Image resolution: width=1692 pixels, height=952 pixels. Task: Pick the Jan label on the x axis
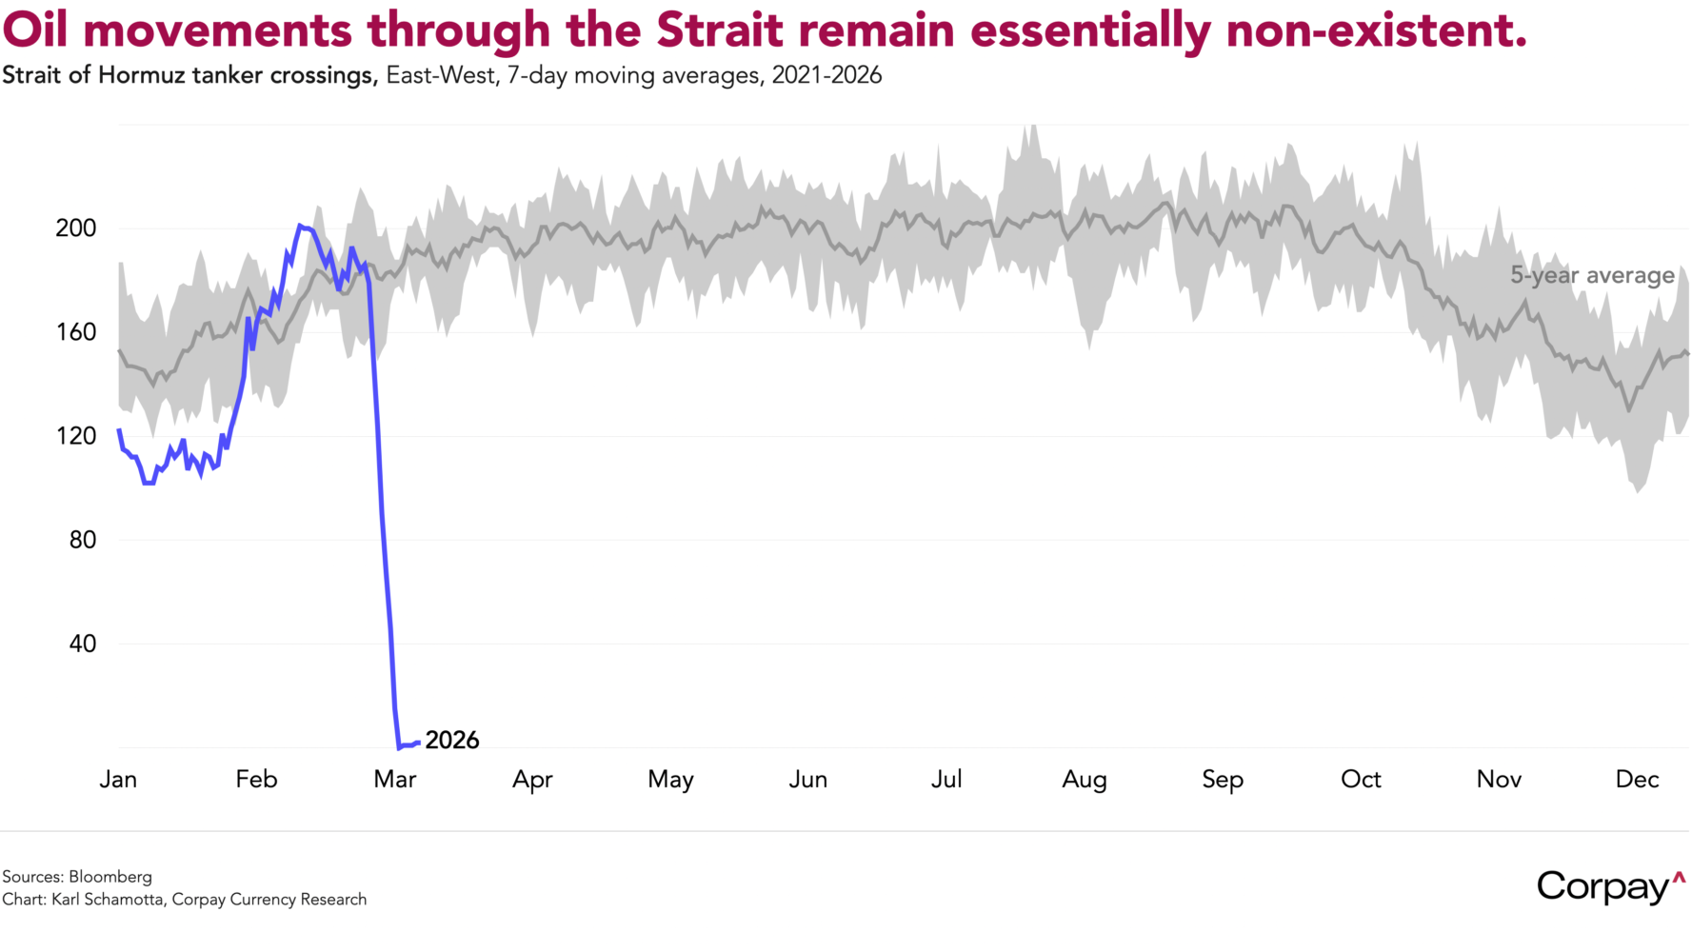[x=118, y=779]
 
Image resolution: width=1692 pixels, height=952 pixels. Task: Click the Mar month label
[x=395, y=779]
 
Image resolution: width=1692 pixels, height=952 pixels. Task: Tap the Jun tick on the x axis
[x=808, y=779]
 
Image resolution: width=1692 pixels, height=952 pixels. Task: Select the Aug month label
[x=1085, y=781]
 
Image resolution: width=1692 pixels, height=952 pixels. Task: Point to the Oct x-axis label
[x=1361, y=779]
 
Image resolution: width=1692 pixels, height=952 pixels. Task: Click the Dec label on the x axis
[x=1637, y=779]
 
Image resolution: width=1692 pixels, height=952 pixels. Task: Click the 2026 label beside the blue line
[x=452, y=740]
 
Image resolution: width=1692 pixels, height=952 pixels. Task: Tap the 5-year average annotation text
[x=1592, y=275]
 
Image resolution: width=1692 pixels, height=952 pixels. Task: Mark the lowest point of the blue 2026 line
[x=400, y=747]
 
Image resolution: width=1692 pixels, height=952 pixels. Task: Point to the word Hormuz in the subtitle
[x=141, y=75]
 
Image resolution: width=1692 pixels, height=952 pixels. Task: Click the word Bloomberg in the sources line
[x=110, y=877]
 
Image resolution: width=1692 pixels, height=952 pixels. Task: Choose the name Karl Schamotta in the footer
[x=108, y=900]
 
